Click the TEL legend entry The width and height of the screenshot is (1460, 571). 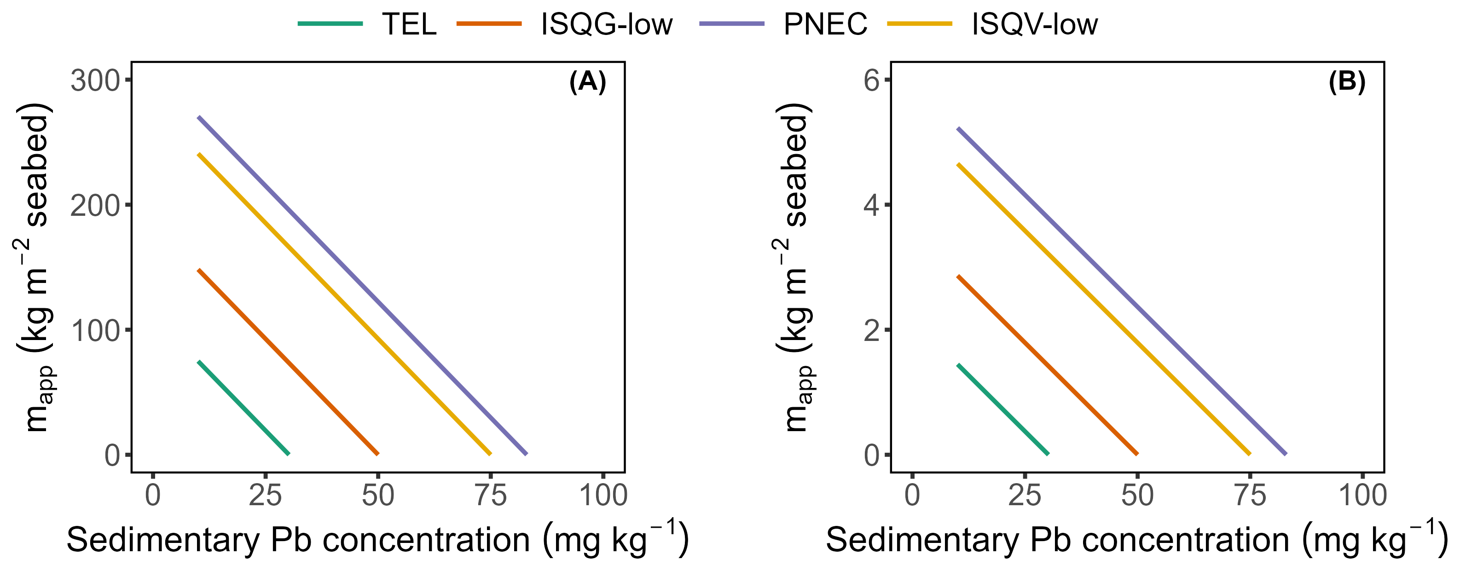click(x=409, y=24)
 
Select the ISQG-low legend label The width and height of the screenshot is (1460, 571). click(x=607, y=24)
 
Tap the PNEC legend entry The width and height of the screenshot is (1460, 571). click(x=825, y=24)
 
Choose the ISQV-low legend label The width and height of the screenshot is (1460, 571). click(x=1034, y=24)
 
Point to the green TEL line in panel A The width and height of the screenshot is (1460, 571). click(x=243, y=408)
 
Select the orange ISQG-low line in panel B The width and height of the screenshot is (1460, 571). click(x=1048, y=365)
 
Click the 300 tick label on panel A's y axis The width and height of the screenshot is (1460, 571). click(x=95, y=81)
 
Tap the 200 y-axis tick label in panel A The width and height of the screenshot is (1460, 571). click(x=95, y=206)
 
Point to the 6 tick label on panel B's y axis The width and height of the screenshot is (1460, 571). click(x=872, y=81)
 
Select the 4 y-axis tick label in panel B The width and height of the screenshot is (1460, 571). click(x=872, y=206)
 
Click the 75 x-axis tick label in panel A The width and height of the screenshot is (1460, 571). click(x=490, y=496)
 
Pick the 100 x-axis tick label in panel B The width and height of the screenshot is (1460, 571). click(x=1362, y=496)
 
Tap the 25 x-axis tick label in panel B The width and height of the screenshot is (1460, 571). click(x=1025, y=496)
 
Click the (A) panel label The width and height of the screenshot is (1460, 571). click(x=588, y=83)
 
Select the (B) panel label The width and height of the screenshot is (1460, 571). click(x=1347, y=83)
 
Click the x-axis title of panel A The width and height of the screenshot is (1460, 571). click(x=377, y=539)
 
